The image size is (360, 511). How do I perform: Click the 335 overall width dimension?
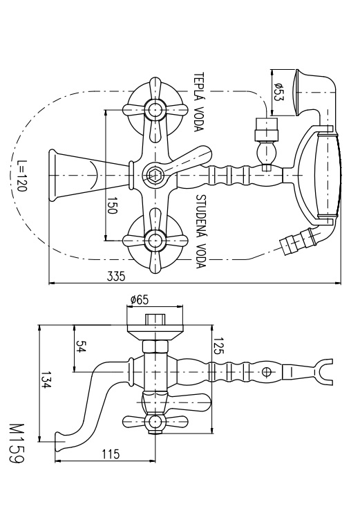click(116, 277)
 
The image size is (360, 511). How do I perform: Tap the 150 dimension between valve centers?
click(112, 205)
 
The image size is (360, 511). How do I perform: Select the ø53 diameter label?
click(278, 91)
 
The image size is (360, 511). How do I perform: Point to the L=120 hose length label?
click(22, 176)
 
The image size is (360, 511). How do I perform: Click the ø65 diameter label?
click(139, 299)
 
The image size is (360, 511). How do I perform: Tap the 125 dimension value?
click(218, 346)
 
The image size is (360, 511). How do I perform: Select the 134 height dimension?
click(46, 380)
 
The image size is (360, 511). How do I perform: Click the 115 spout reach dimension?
click(111, 454)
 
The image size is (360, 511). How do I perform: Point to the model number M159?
click(17, 444)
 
